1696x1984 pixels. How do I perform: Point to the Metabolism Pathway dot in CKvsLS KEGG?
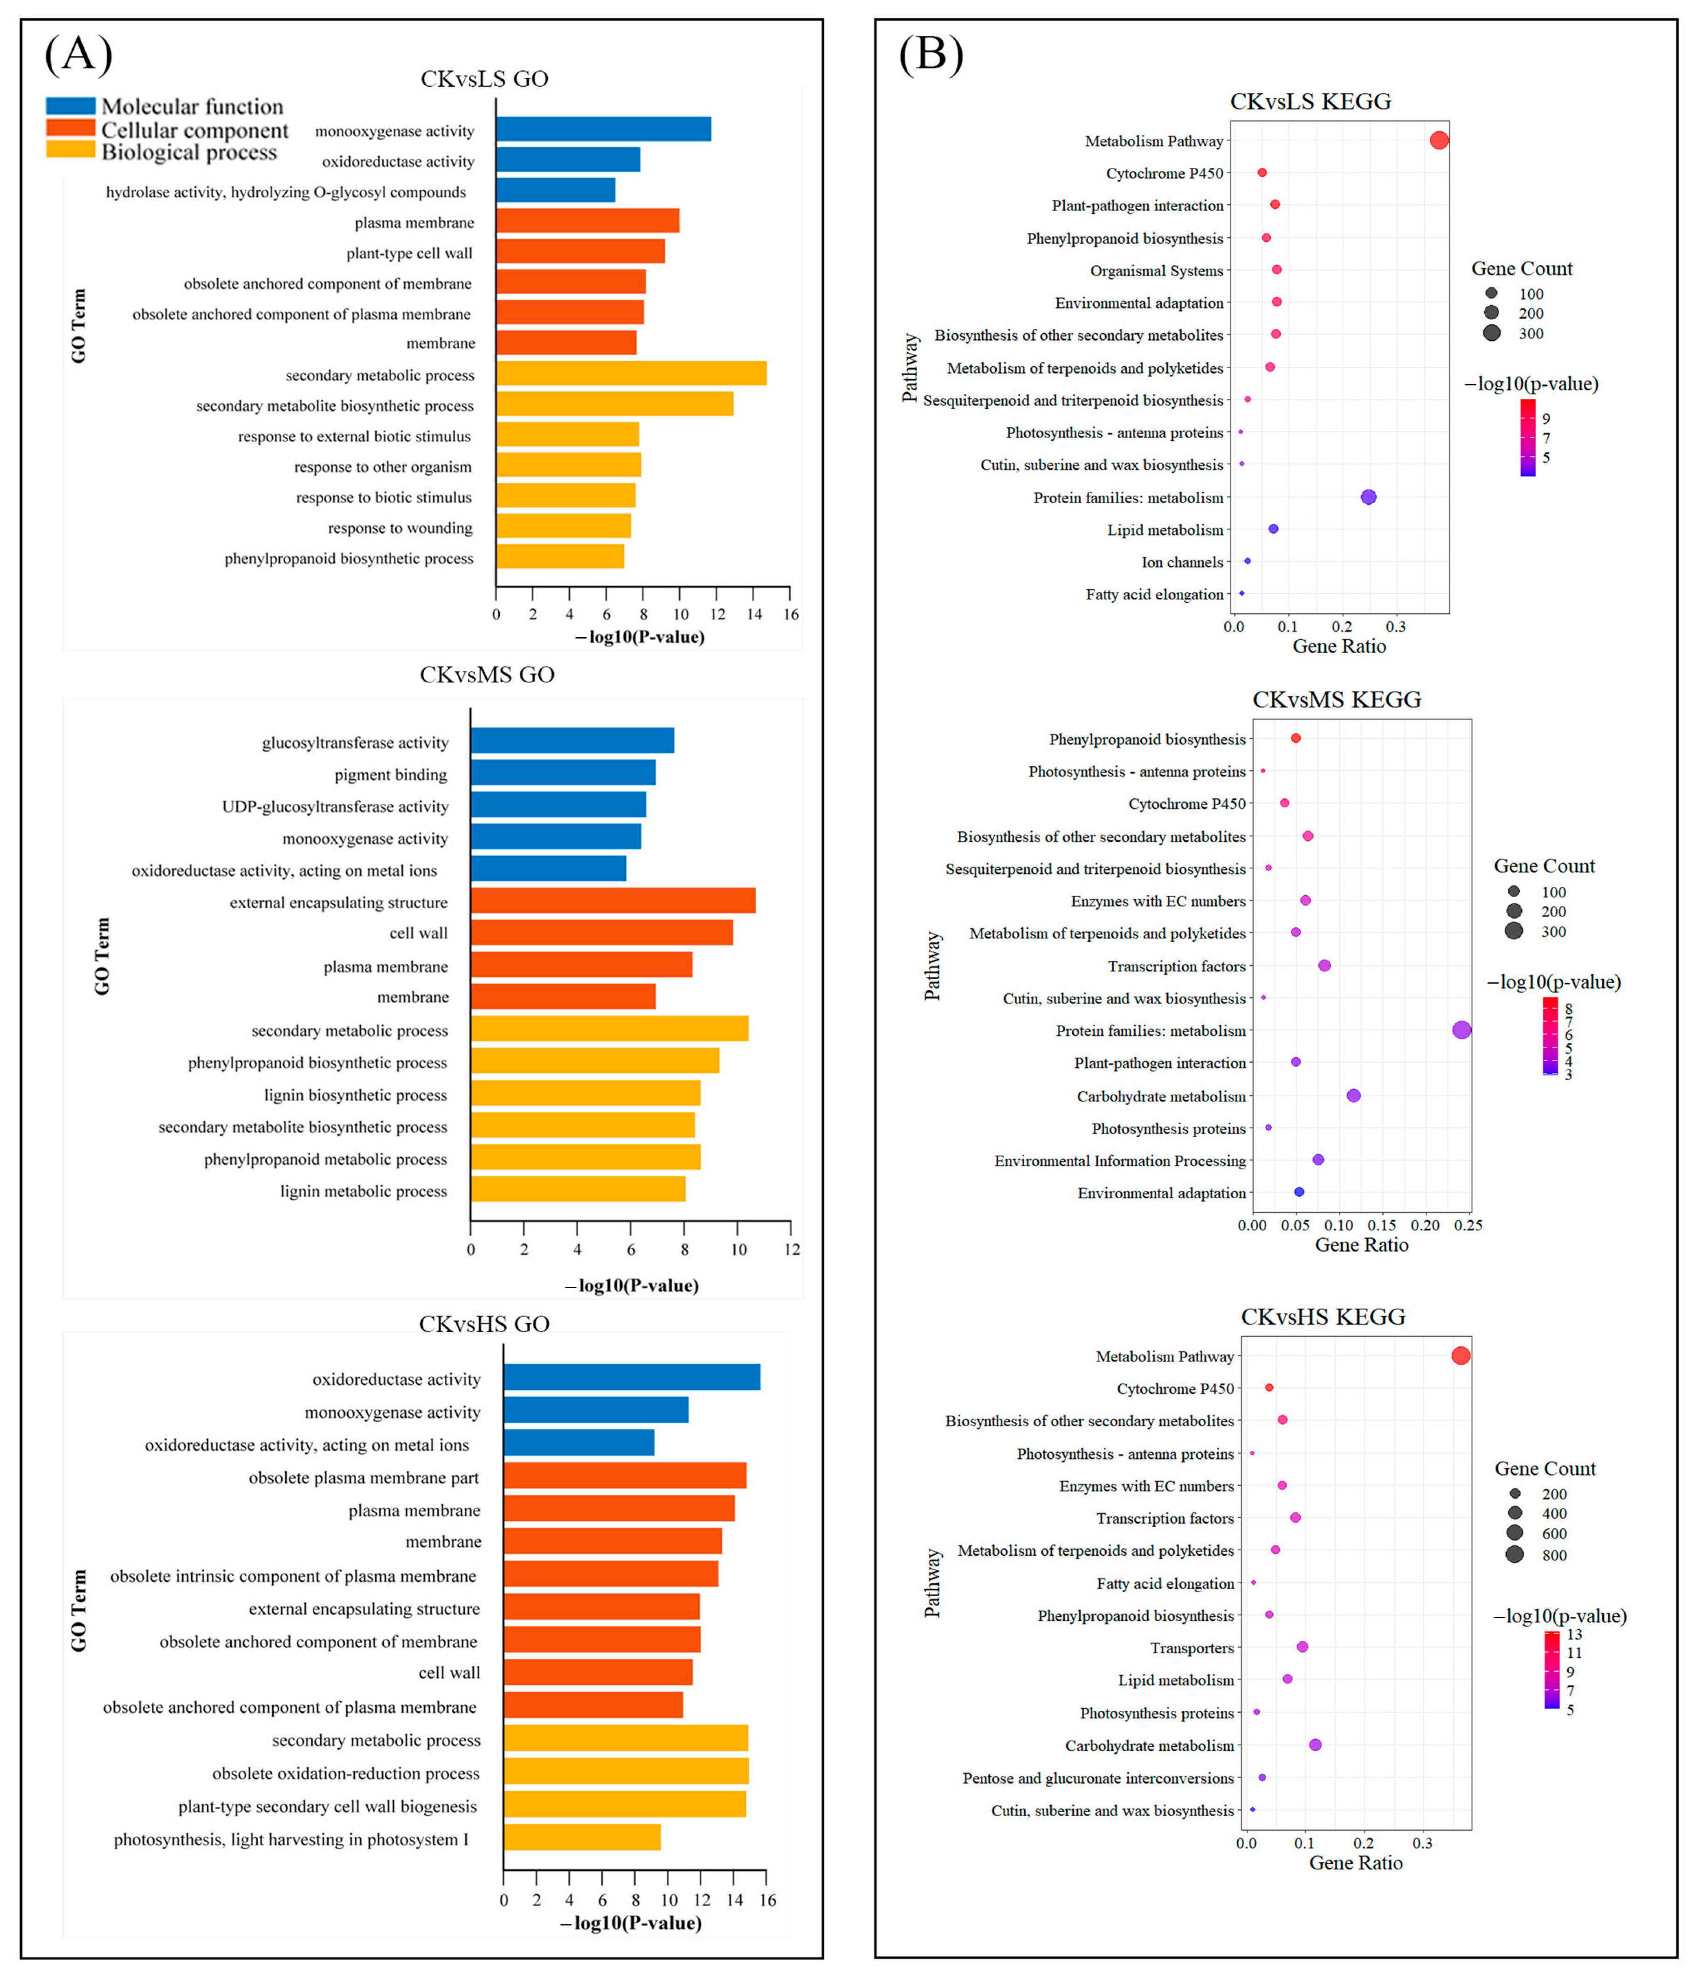(1438, 141)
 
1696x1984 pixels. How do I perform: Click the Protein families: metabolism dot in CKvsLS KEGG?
(1368, 497)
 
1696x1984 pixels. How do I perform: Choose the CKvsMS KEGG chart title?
(1337, 700)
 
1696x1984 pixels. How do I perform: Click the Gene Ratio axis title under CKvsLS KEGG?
(1339, 646)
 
